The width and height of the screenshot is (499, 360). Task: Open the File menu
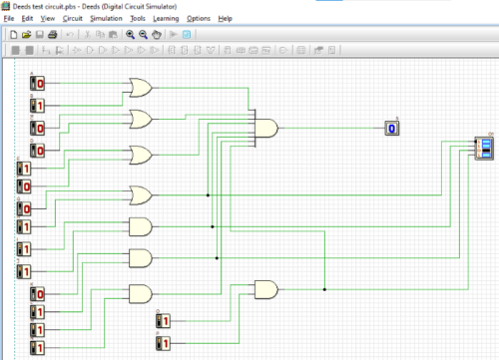pos(9,19)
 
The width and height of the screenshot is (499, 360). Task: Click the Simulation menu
pos(106,19)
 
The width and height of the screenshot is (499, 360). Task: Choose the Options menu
pos(199,19)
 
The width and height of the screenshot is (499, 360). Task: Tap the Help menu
pos(226,19)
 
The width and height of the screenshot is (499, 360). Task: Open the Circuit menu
pos(73,19)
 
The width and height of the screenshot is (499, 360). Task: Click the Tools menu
pos(138,19)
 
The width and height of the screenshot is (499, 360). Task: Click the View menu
pos(48,19)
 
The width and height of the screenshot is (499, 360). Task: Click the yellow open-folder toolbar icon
pos(26,35)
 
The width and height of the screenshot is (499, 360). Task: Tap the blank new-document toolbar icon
pos(13,35)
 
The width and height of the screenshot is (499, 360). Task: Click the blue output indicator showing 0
pos(392,128)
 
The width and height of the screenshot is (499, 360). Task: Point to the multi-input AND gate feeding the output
pos(267,127)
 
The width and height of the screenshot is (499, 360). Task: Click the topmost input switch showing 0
pos(38,82)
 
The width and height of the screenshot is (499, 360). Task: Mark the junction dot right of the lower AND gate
pos(323,289)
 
